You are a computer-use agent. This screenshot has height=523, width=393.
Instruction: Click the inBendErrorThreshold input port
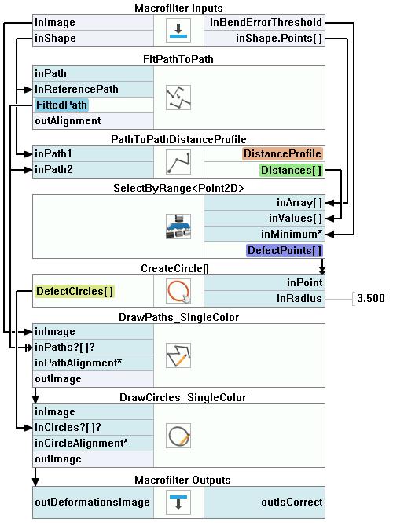point(266,22)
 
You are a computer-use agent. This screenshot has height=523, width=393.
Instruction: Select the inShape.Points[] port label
point(279,38)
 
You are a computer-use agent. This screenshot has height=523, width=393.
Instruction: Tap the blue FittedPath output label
point(61,105)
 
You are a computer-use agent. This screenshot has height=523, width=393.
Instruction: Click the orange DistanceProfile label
point(282,153)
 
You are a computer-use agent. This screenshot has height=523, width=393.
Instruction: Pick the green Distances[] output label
point(291,170)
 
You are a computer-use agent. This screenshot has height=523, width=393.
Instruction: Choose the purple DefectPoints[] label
point(285,251)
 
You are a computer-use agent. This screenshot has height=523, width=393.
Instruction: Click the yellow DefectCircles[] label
point(75,291)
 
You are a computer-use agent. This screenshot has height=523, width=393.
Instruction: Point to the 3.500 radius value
point(371,298)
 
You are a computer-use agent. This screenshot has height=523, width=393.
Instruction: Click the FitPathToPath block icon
point(178,98)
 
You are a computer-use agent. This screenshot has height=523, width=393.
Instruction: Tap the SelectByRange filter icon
point(178,227)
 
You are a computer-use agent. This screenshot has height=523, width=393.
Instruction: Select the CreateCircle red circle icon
point(178,291)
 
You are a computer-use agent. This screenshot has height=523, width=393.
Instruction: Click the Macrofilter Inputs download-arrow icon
point(178,31)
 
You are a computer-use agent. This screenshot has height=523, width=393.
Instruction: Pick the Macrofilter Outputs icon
point(178,502)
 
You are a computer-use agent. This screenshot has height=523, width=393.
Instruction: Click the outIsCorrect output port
point(292,502)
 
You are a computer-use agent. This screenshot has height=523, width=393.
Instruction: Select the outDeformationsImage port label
point(92,502)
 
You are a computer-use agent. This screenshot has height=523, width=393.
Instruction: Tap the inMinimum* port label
point(292,234)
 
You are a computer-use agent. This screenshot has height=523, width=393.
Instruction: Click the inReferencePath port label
point(76,89)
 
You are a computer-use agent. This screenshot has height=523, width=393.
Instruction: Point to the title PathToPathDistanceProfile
point(178,139)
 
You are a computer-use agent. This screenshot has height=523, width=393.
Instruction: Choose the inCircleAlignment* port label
point(81,443)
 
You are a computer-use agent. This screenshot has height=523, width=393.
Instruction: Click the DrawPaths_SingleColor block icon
point(178,355)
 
